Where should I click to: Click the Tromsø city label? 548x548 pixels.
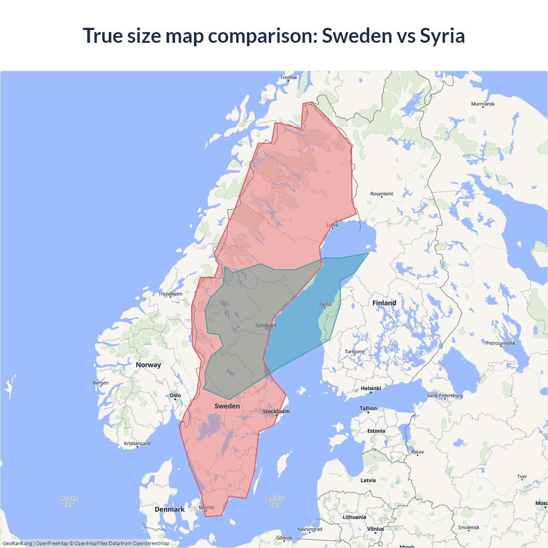288,77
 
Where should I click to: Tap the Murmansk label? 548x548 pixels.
482,104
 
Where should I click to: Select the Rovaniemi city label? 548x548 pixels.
381,194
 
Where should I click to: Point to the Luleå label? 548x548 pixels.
332,225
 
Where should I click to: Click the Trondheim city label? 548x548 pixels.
170,294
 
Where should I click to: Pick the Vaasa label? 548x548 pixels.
325,304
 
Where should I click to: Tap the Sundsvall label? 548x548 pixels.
265,325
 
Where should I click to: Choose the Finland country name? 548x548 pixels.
384,303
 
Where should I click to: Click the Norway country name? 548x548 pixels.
148,365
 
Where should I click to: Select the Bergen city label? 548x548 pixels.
101,383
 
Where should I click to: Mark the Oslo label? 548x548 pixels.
175,396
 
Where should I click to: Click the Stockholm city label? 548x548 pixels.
276,411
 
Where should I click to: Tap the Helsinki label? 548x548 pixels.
371,388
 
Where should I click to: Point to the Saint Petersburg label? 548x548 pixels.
444,396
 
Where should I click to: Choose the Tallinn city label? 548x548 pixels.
368,408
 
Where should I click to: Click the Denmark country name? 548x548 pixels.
170,509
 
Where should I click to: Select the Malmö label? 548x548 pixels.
206,508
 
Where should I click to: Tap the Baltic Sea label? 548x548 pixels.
275,501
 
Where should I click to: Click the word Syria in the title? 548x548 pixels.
442,36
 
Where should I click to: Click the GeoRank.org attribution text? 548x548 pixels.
17,543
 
